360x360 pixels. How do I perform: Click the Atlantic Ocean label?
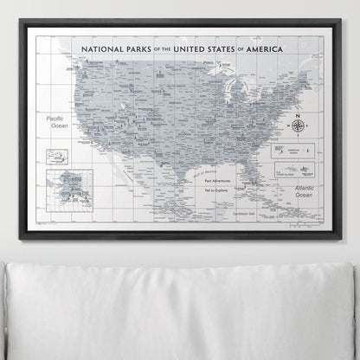coord(302,191)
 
